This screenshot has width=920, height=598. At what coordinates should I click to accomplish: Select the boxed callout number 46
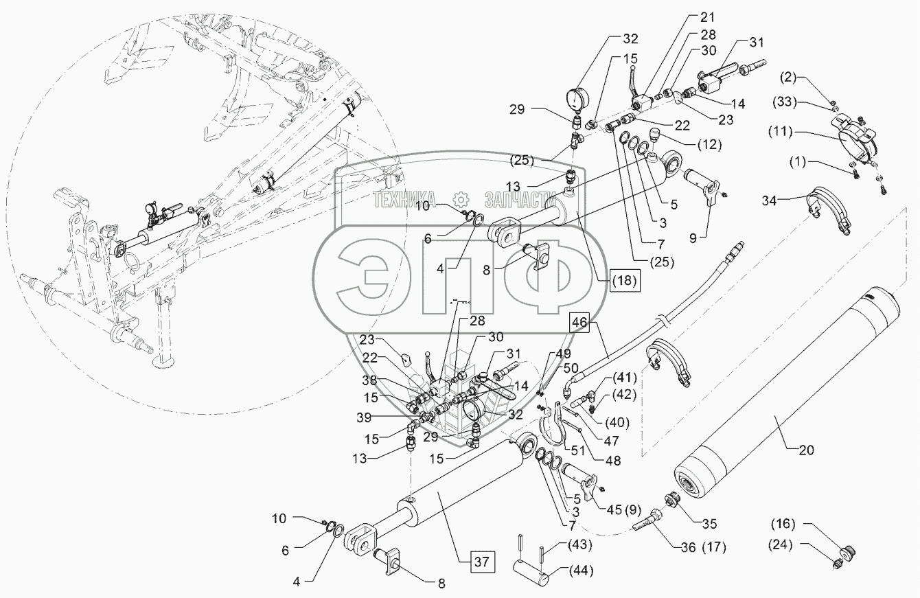[x=579, y=322]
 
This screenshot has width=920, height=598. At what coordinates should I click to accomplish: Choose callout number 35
[x=709, y=524]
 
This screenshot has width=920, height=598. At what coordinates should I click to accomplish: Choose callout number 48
[x=609, y=461]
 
